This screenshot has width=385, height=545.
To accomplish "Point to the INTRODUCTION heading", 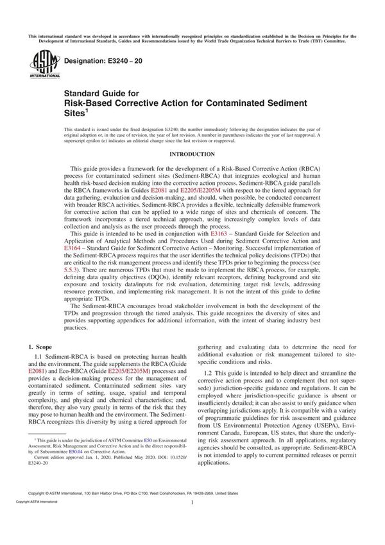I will coord(193,155).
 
